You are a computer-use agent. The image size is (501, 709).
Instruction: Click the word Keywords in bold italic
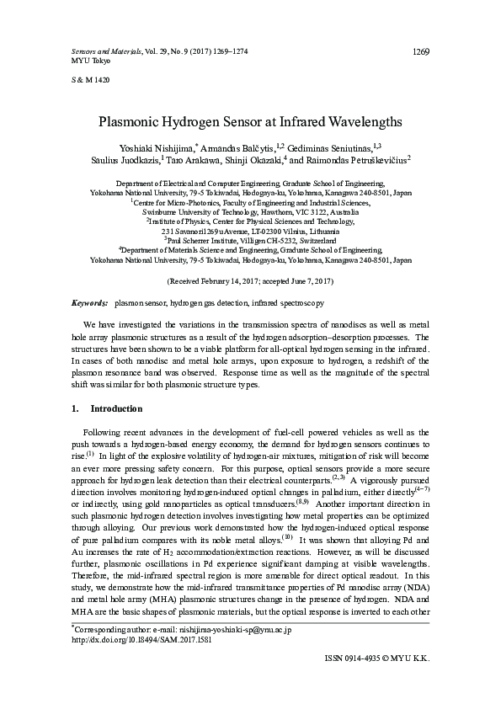(89, 301)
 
